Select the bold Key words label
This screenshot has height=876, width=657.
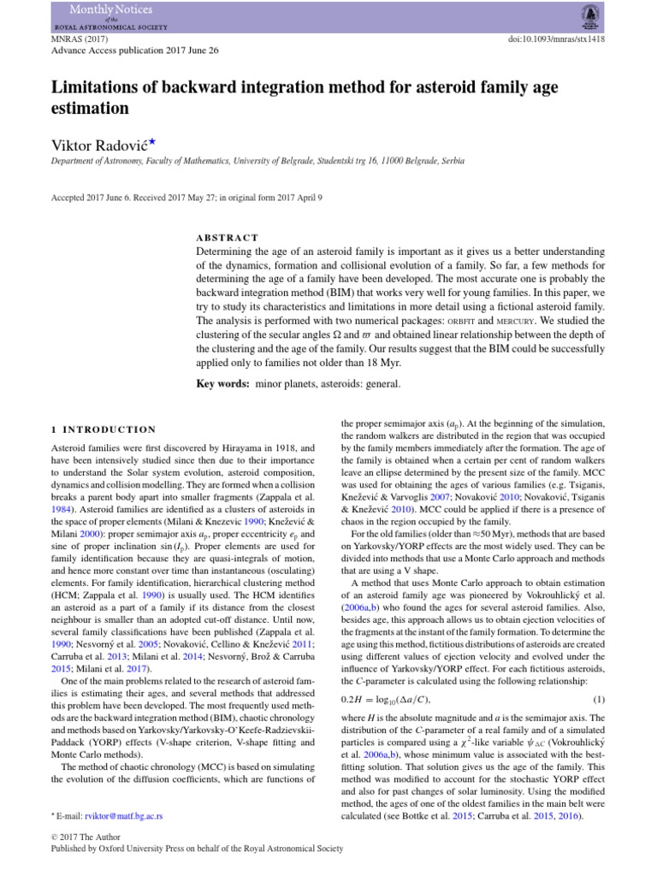(223, 385)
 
